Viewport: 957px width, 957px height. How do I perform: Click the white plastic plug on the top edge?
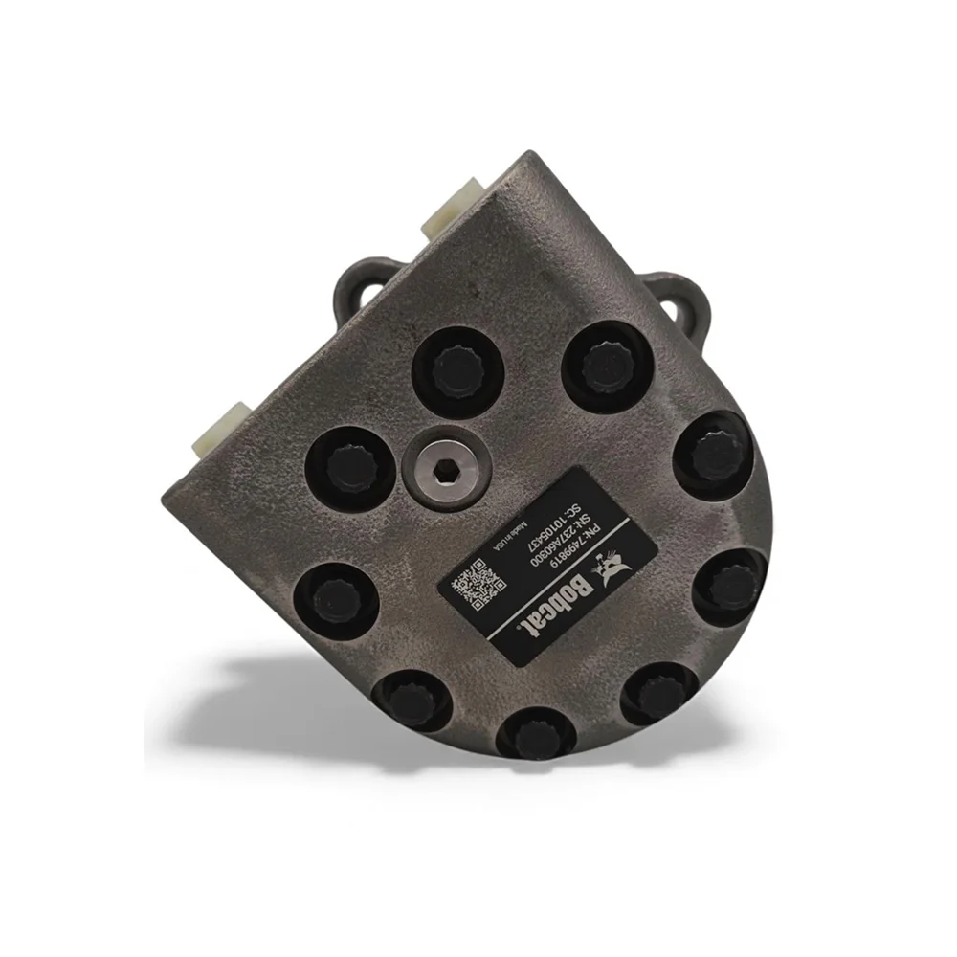coord(450,212)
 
